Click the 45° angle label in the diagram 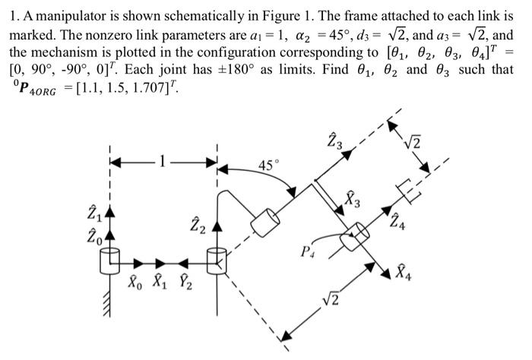[270, 165]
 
